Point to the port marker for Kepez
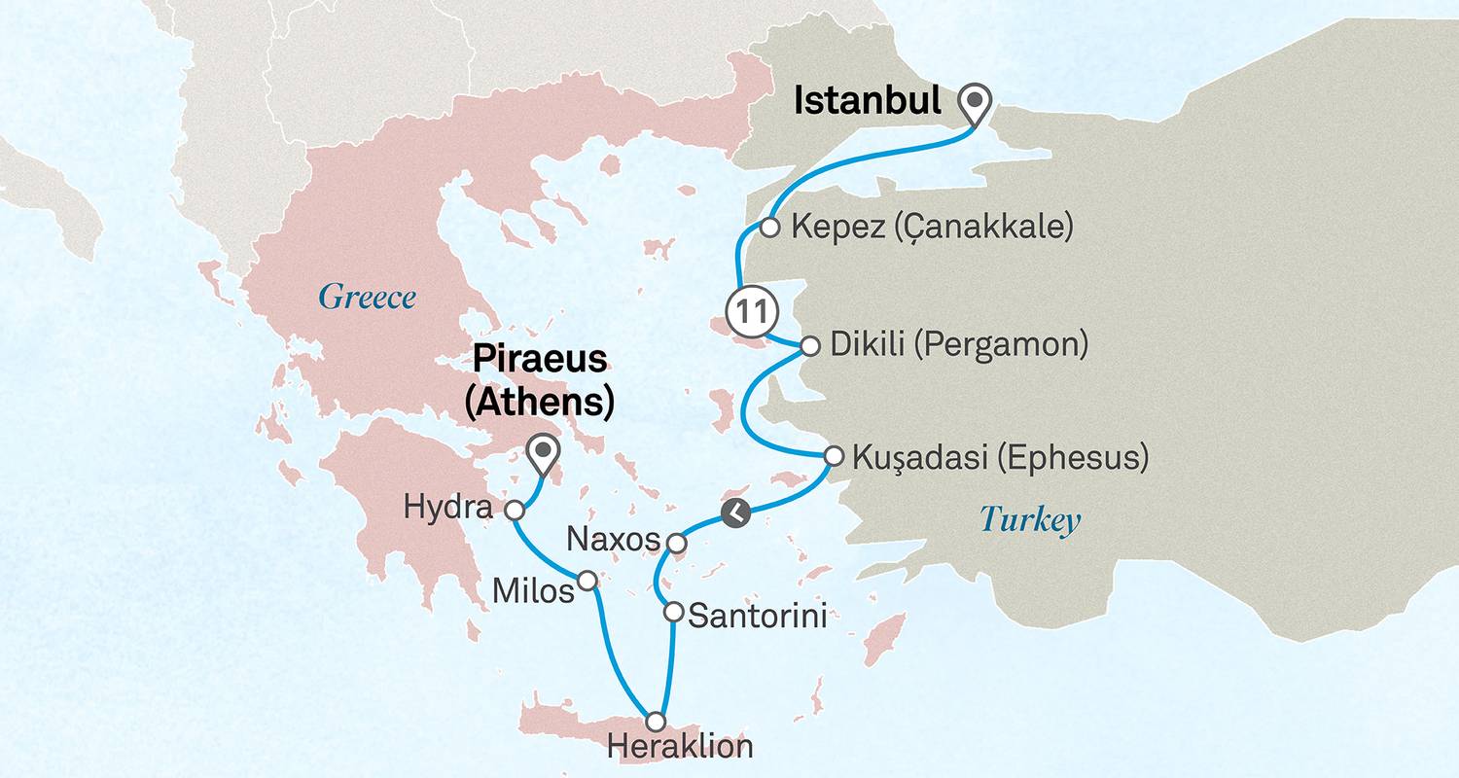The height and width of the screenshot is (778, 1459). click(769, 229)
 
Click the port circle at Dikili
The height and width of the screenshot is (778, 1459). click(809, 345)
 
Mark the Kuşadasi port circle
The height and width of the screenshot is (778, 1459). click(833, 456)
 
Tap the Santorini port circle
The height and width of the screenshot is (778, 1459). click(672, 613)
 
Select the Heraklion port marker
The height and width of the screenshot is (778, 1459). click(656, 722)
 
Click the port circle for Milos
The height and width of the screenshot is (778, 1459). click(587, 581)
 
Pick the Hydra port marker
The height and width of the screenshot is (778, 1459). click(516, 510)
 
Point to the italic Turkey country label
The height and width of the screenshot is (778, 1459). click(1029, 520)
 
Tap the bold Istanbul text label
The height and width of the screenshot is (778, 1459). click(868, 101)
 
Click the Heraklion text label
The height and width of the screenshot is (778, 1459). click(680, 748)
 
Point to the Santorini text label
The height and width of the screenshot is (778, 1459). click(757, 615)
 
